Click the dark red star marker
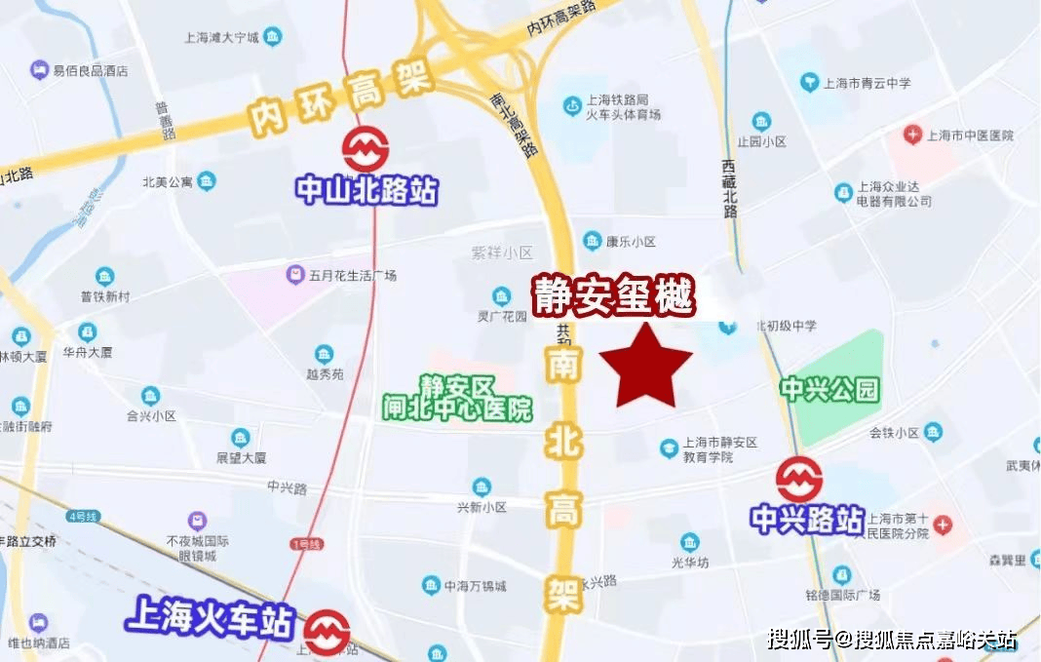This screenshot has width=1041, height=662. (645, 368)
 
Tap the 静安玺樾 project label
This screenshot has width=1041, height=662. (613, 295)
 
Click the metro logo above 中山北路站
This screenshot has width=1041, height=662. (366, 150)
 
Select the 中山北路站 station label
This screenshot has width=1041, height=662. (366, 190)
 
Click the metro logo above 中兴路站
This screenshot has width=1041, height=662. (799, 480)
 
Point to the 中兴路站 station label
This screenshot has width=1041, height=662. (807, 519)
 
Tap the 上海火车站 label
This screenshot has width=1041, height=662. (210, 620)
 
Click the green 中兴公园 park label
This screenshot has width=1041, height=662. (829, 390)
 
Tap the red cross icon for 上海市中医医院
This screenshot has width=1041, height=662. (912, 135)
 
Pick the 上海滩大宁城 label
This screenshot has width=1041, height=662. (221, 39)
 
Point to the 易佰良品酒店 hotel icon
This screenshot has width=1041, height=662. (39, 70)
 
